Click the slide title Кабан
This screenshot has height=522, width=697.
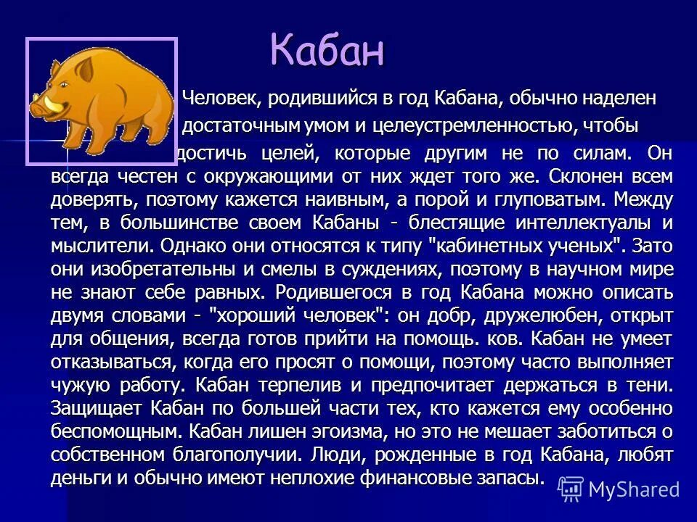(x=327, y=50)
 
